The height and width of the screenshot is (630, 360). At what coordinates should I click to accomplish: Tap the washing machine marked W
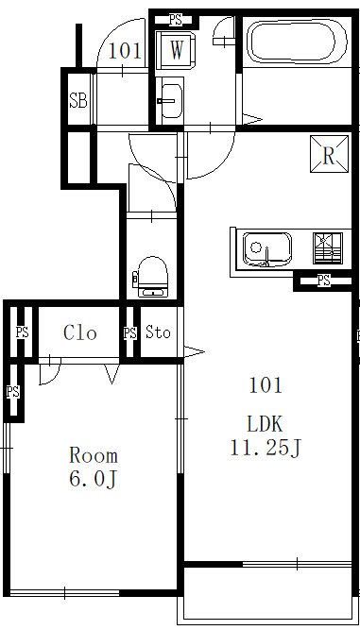[176, 50]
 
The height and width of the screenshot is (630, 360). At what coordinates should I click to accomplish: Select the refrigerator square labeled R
[329, 154]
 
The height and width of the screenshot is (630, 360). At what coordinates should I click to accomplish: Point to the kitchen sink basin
[266, 249]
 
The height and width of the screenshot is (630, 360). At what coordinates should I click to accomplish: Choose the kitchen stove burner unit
[328, 247]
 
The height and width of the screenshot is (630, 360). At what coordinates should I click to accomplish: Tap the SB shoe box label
[77, 100]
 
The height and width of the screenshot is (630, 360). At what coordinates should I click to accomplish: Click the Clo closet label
[80, 332]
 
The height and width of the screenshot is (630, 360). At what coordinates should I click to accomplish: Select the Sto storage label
[158, 332]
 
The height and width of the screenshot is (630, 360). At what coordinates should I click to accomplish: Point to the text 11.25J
[266, 448]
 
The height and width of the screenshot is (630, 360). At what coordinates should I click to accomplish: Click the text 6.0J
[94, 479]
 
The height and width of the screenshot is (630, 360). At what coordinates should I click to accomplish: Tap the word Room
[94, 455]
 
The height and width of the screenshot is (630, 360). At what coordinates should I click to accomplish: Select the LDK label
[266, 424]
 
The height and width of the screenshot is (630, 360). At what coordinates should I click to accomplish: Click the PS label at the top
[176, 19]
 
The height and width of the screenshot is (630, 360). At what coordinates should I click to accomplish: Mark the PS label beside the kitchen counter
[324, 281]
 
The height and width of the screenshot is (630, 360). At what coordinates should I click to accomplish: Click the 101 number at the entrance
[125, 51]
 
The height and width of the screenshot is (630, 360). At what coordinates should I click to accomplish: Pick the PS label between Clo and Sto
[129, 333]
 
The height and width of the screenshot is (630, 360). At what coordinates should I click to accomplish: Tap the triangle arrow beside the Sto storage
[194, 351]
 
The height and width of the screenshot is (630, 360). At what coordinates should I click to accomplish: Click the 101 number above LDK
[266, 385]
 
